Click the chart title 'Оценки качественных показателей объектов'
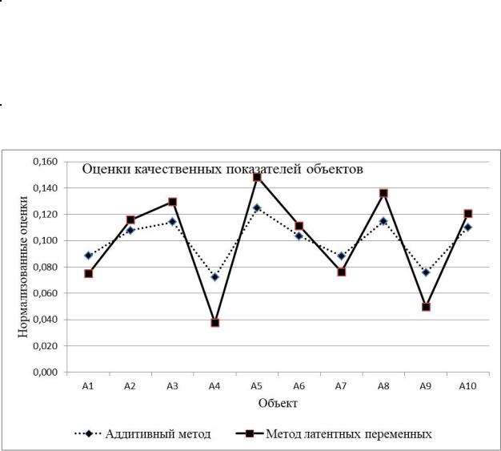click(x=225, y=169)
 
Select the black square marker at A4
click(x=214, y=323)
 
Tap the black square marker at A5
click(x=257, y=176)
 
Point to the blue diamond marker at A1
click(x=88, y=256)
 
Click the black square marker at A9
click(x=426, y=307)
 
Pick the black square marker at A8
click(x=383, y=193)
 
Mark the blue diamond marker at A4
click(x=214, y=276)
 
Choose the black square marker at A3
click(x=173, y=202)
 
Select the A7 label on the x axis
click(x=341, y=386)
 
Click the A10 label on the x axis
click(x=468, y=386)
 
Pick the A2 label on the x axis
click(x=130, y=386)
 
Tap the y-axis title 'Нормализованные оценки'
click(x=24, y=267)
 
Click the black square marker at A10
click(x=468, y=214)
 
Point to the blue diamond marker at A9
click(x=426, y=272)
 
